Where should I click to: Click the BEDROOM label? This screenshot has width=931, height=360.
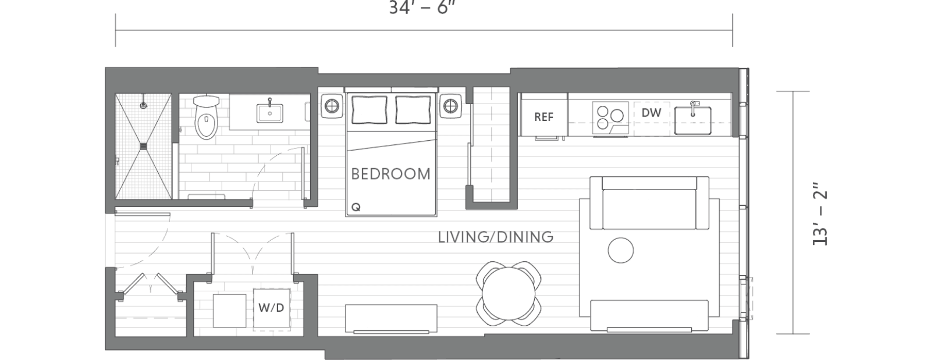[390, 174]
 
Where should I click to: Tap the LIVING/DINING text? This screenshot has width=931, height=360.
[495, 237]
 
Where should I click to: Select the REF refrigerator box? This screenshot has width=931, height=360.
[543, 116]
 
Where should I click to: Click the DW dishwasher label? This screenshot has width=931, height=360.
[651, 113]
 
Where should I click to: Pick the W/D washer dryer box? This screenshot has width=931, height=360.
[271, 308]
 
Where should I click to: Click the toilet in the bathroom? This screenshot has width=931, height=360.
[205, 118]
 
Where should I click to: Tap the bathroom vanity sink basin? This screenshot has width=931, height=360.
[270, 112]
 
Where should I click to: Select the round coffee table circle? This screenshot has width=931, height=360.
[620, 251]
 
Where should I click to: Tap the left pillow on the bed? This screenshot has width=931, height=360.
[369, 109]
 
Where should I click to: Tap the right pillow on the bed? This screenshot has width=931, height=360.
[413, 109]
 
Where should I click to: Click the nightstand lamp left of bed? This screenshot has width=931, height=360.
[332, 106]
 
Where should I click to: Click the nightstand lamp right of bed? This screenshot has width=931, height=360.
[450, 106]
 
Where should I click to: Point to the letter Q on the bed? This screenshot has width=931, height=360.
[356, 207]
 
